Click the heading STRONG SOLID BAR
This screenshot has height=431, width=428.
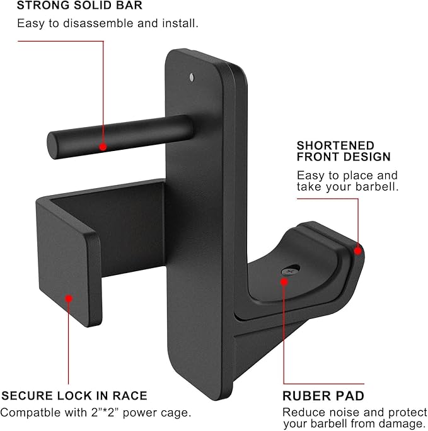pyautogui.click(x=79, y=5)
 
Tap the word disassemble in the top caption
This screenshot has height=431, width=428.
pyautogui.click(x=98, y=23)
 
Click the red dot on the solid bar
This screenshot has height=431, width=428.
pyautogui.click(x=103, y=147)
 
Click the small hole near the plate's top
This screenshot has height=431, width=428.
pyautogui.click(x=192, y=77)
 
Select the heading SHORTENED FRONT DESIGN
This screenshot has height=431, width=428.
pyautogui.click(x=344, y=151)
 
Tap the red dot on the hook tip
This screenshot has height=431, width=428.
pyautogui.click(x=357, y=251)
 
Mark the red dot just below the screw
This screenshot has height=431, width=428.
pyautogui.click(x=284, y=282)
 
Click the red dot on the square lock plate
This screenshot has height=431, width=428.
pyautogui.click(x=69, y=298)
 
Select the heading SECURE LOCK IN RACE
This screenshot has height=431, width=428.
pyautogui.click(x=74, y=396)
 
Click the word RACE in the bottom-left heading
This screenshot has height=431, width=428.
pyautogui.click(x=130, y=396)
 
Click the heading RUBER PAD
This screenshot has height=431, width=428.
pyautogui.click(x=323, y=396)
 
